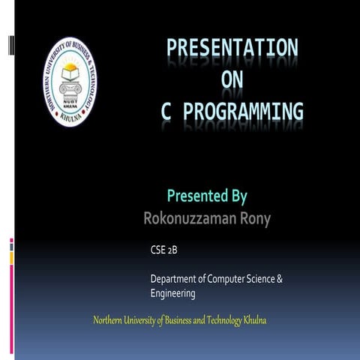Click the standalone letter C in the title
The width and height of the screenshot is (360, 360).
167,112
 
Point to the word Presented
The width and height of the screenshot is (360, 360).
192,196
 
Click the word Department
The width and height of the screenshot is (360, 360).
173,280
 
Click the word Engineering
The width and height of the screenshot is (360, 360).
172,293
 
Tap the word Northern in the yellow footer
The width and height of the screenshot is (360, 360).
109,321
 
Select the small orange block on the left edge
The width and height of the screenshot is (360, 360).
11,257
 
